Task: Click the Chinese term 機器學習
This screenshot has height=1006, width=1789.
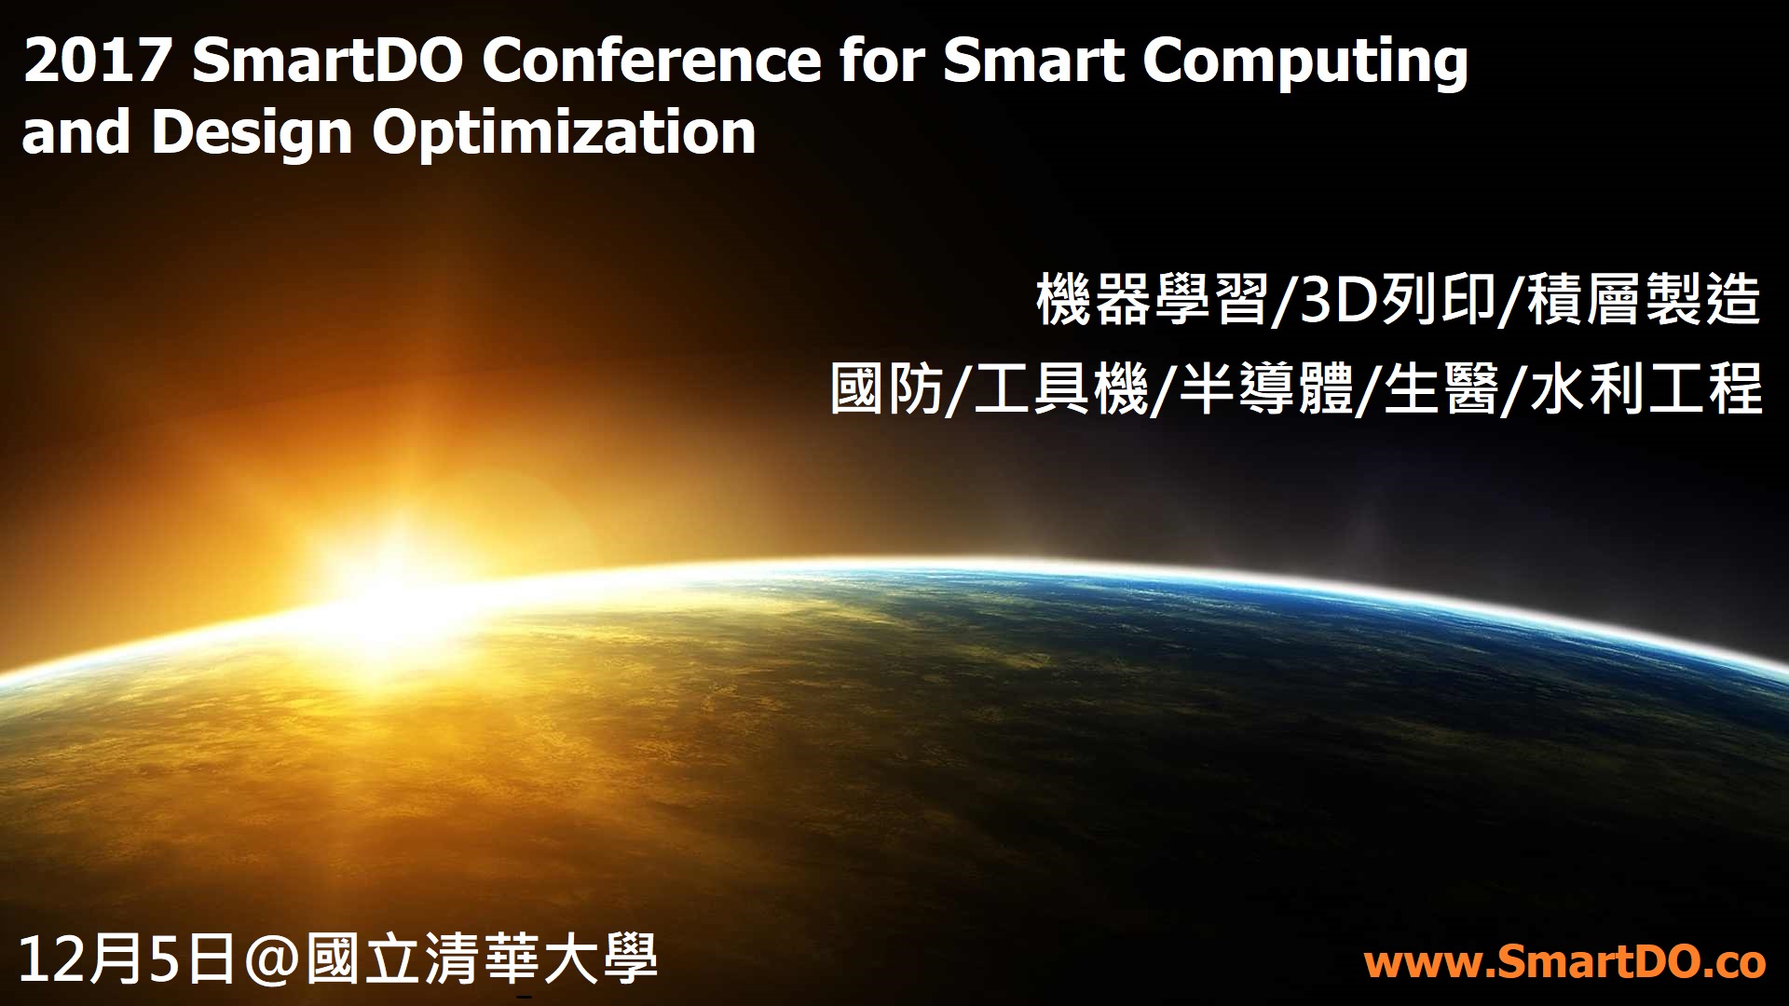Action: click(1153, 300)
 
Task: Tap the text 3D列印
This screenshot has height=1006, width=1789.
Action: click(1392, 300)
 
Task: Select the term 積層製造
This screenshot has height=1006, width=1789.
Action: click(1643, 300)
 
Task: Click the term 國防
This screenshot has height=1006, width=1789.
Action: click(887, 388)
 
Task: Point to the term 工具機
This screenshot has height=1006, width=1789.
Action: click(1060, 388)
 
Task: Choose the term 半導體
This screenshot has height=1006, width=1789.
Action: click(1266, 388)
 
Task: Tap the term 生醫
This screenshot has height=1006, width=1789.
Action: click(1441, 388)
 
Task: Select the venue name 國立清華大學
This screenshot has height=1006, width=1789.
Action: click(482, 959)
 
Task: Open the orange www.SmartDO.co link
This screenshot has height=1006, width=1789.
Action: click(1564, 963)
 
